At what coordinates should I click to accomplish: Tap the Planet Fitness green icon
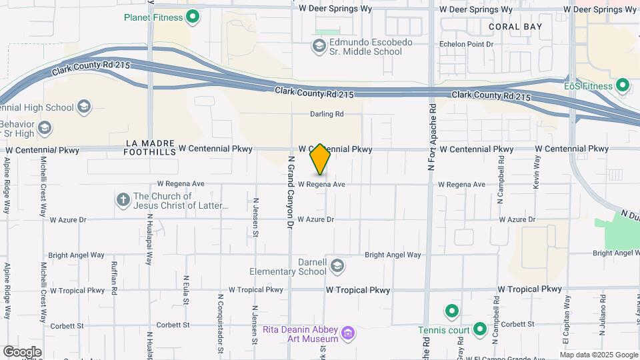pos(193,17)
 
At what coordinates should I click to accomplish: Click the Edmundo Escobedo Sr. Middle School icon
pos(319,45)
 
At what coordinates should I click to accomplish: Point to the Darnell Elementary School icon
pos(337,266)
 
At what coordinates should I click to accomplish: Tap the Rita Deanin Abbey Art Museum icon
pos(347,333)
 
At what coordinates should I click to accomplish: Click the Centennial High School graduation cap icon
pos(83,107)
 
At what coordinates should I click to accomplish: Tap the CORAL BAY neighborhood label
pos(515,27)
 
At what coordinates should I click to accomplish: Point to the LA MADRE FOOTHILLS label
pos(149,147)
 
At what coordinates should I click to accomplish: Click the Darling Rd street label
pos(327,114)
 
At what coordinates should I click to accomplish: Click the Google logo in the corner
pos(21,351)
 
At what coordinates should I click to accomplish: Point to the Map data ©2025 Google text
pos(598,354)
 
